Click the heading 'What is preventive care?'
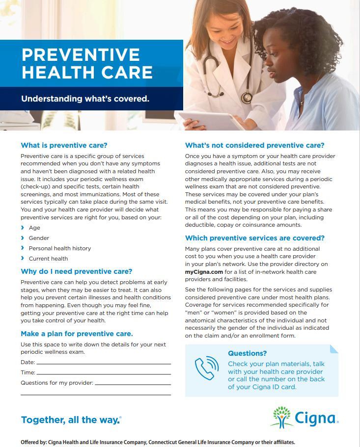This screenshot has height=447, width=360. [64, 145]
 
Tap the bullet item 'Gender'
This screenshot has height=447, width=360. [39, 238]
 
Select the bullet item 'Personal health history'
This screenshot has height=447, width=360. [59, 248]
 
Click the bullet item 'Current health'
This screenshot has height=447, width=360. [48, 259]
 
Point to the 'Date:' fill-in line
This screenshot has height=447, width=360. [103, 363]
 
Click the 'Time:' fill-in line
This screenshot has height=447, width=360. [103, 373]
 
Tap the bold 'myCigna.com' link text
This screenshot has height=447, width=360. [204, 271]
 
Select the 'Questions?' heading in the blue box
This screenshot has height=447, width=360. [247, 353]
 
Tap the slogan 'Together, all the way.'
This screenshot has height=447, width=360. [71, 420]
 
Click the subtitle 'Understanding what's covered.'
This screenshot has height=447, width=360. [85, 99]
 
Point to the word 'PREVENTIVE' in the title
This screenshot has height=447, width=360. [81, 55]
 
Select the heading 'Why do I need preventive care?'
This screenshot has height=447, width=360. [77, 271]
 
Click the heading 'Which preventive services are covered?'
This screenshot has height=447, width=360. [254, 238]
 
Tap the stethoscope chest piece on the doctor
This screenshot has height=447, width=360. [246, 97]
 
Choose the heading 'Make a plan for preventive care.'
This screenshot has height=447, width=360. [77, 334]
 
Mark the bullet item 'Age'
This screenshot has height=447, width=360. [34, 228]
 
